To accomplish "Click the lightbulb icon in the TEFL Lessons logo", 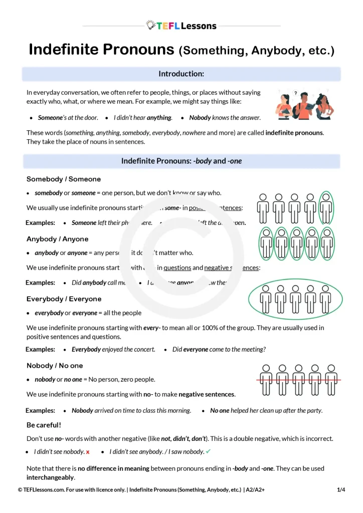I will coord(150,25).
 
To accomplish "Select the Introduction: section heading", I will coord(181,74).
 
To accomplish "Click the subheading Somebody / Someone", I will coord(64,179).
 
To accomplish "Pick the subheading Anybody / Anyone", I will coord(57,239).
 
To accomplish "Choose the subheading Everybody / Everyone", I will coord(64,299).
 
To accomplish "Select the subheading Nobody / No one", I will coord(55,366).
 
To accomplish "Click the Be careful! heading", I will coord(44,425).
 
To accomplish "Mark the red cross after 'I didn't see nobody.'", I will coord(88,452).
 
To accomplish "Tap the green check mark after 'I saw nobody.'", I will coord(208,451).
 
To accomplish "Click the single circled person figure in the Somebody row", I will coord(326,208).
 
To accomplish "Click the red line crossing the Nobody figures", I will coord(296,380).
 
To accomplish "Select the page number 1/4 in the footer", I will coord(341,489).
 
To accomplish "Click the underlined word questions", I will coord(177,268).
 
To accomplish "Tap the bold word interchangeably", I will coord(51,477).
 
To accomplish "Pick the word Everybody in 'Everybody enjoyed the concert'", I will coord(86,349).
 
